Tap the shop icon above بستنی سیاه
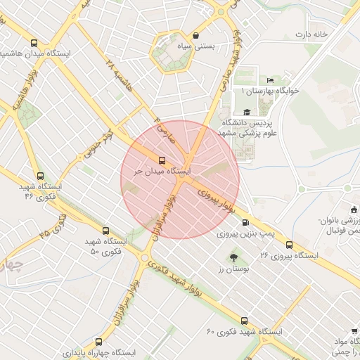click(x=195, y=35)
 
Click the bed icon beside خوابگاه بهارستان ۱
click(x=271, y=80)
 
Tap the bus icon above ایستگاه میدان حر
click(x=162, y=160)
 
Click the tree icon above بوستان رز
click(x=233, y=258)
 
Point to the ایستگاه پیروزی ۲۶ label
click(x=289, y=255)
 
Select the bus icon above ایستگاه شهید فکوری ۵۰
click(x=106, y=231)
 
